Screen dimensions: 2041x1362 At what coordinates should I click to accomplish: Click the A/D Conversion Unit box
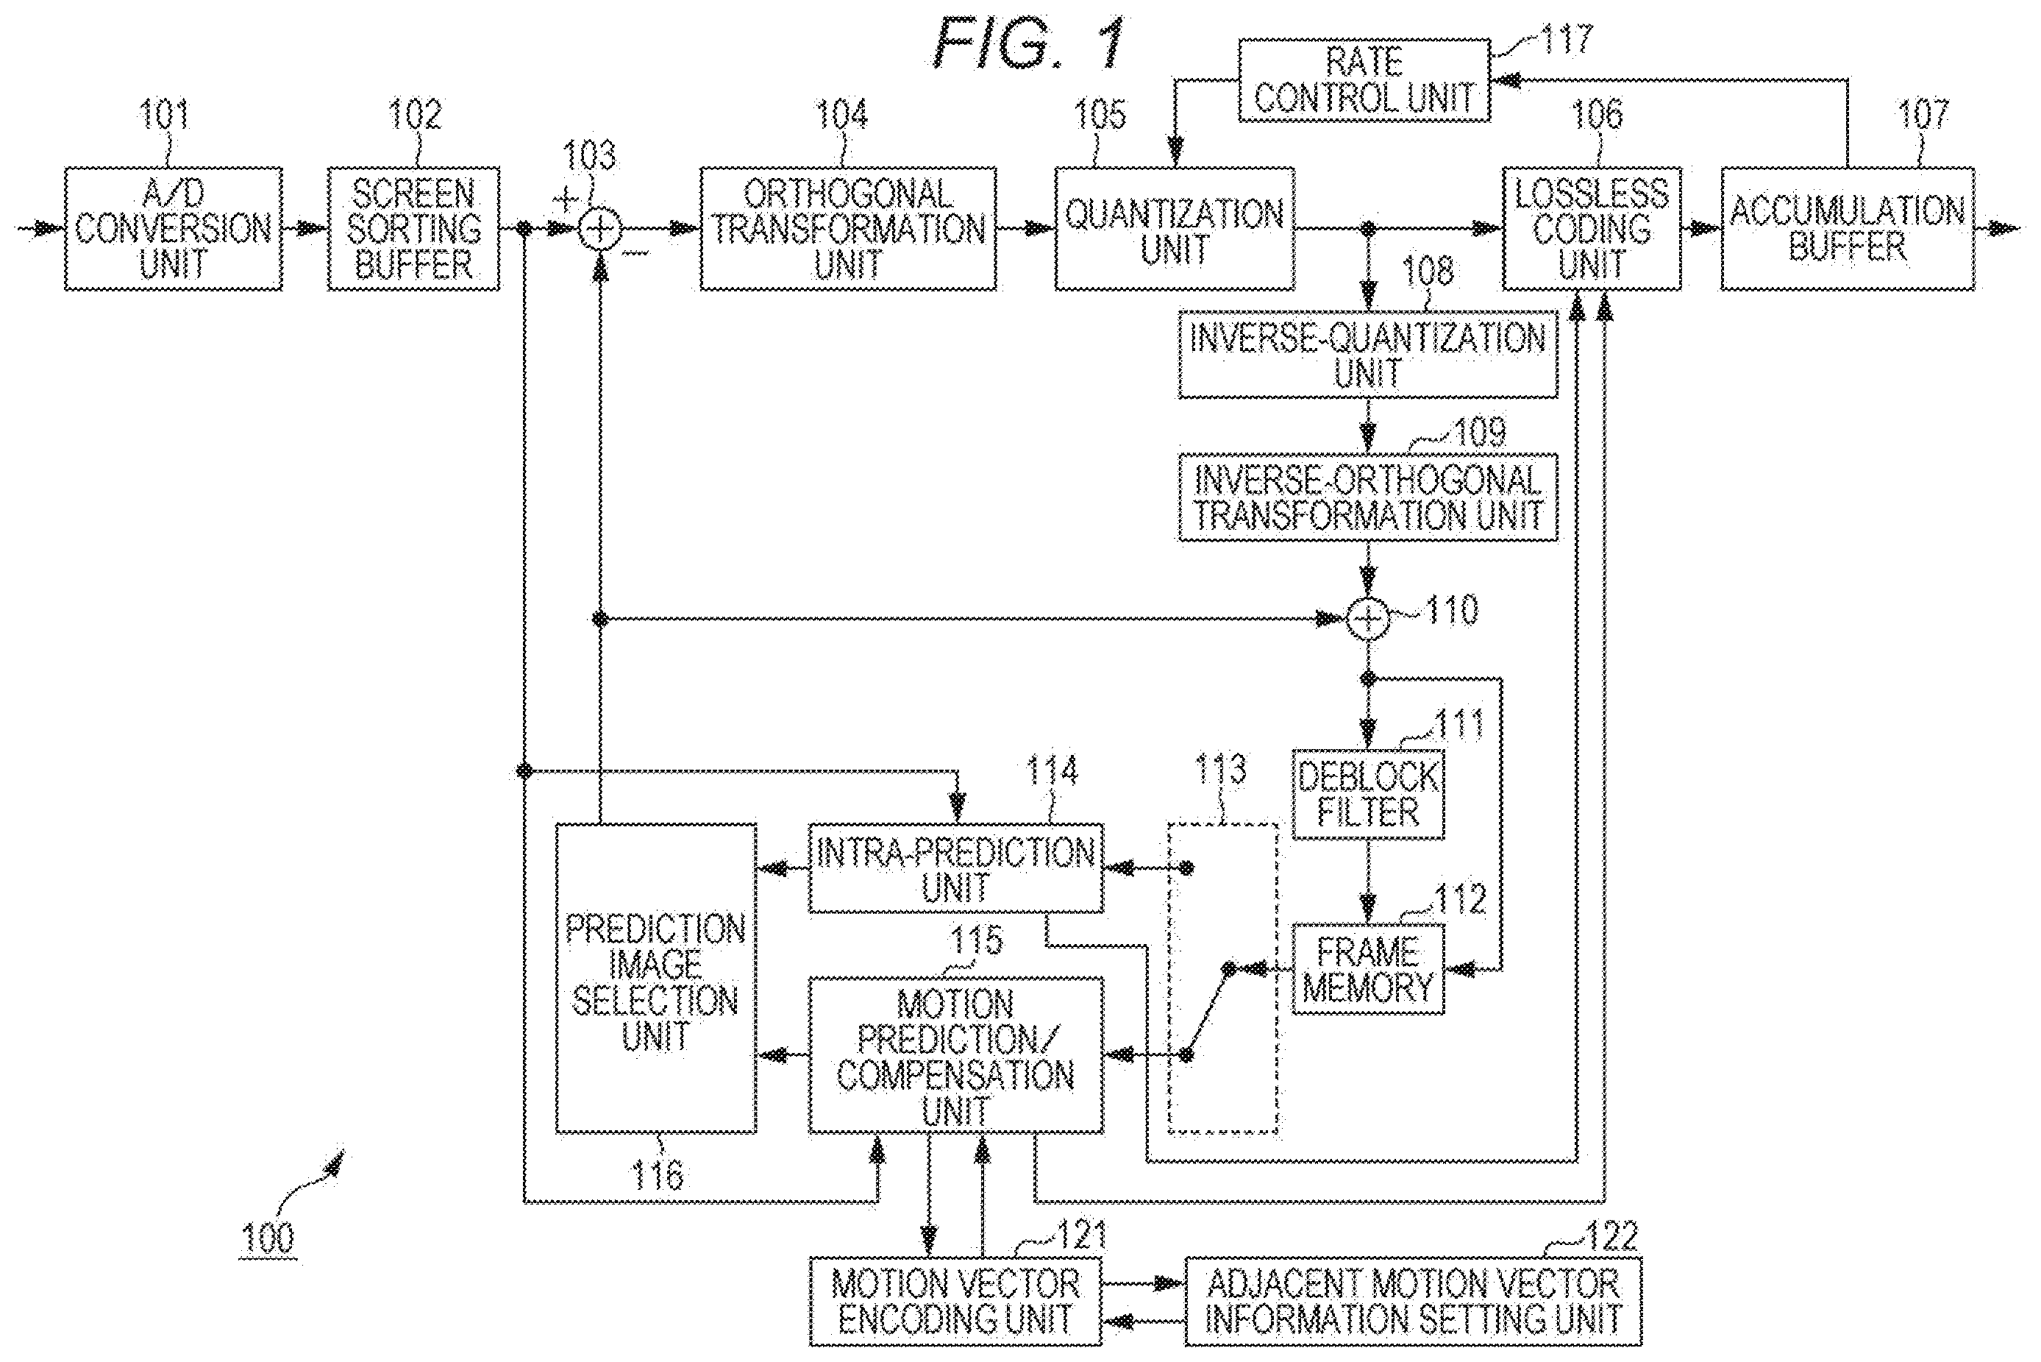[174, 228]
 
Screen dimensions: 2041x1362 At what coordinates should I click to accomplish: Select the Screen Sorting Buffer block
[414, 228]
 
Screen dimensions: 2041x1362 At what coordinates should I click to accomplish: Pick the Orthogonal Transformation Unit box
[848, 228]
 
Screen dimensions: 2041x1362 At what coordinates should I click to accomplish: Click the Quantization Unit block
[1175, 228]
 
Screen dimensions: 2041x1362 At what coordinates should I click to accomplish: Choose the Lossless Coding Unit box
[1592, 228]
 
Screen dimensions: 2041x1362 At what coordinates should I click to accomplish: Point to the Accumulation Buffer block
[1848, 228]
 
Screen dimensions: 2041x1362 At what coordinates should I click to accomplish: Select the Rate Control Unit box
[1364, 80]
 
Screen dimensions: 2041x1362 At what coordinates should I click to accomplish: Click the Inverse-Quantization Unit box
[1367, 355]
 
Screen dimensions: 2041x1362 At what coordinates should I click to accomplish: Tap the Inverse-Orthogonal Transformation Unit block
[1367, 497]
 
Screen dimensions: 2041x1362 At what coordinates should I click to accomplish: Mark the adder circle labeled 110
[1368, 620]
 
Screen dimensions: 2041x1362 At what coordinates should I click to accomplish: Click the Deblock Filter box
[1368, 794]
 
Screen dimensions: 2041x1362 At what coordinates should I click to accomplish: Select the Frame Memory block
[1368, 969]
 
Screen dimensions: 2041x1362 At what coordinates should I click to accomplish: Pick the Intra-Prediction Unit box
[956, 868]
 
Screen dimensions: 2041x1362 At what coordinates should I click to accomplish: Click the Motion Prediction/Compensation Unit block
[956, 1055]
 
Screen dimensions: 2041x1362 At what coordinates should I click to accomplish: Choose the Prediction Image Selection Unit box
[655, 979]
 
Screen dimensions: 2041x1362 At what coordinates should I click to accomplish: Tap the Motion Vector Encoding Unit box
[955, 1301]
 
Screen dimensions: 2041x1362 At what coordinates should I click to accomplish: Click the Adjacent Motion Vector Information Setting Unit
[1414, 1301]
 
